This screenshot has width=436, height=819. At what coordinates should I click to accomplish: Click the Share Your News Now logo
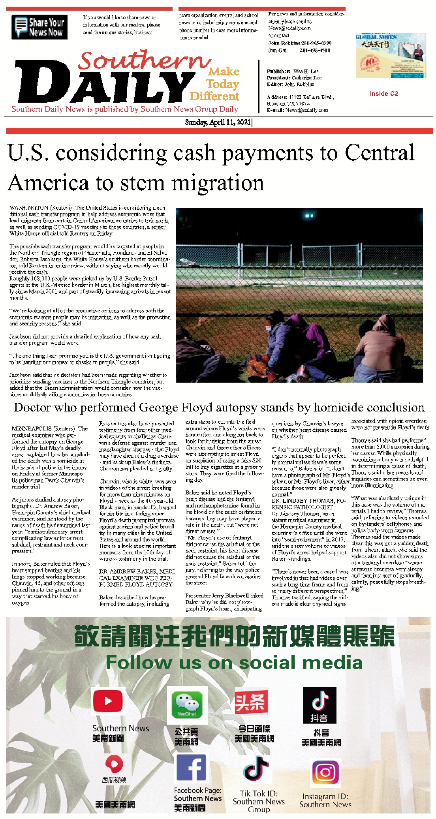39,27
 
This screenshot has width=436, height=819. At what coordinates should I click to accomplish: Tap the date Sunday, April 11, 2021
218,122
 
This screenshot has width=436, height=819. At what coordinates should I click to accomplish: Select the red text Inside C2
384,94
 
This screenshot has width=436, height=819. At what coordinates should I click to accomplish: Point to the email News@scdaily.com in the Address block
307,110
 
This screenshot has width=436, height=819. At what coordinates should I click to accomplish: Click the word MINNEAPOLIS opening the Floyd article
30,428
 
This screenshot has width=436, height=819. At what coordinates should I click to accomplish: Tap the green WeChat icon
187,702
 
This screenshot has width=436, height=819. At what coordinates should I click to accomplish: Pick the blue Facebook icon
191,768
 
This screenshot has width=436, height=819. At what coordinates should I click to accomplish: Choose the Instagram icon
325,772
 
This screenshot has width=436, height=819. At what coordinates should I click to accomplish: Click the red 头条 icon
251,702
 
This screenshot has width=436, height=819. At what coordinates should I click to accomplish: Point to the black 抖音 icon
319,704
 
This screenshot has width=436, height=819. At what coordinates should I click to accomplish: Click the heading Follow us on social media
234,663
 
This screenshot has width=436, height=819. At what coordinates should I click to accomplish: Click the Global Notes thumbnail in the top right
391,55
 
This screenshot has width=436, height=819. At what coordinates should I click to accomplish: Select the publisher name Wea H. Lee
306,71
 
